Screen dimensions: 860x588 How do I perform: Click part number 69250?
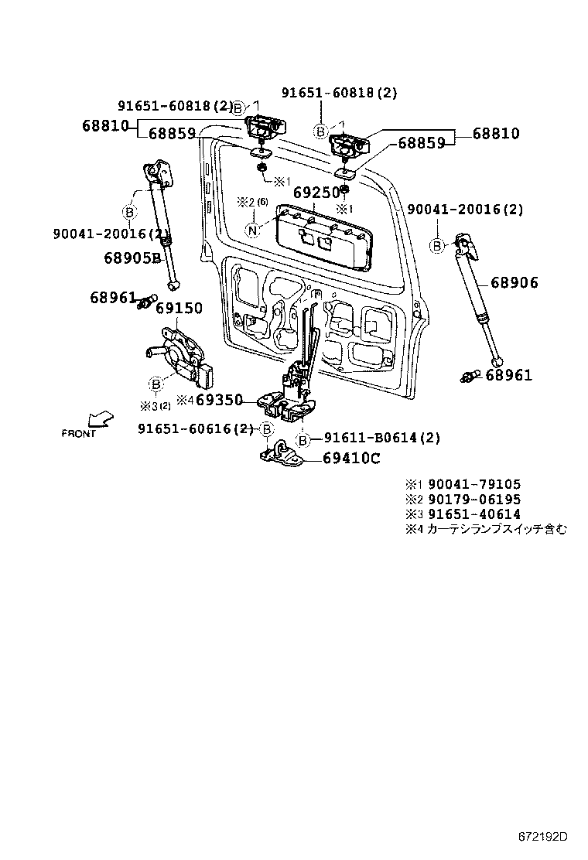click(x=315, y=192)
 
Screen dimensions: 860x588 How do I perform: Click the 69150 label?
click(x=179, y=309)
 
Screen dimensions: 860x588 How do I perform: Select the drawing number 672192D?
click(x=542, y=837)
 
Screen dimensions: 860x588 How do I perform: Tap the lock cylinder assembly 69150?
click(x=181, y=356)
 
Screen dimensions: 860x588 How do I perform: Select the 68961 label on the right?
click(x=508, y=375)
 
